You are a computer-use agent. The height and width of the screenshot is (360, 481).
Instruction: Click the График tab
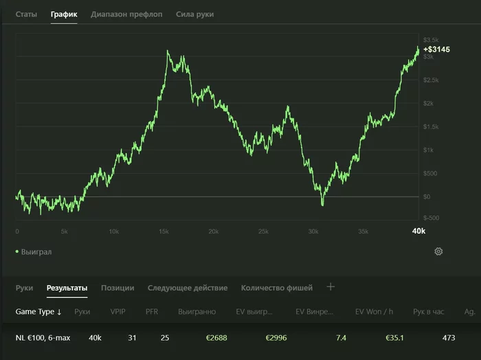tap(64, 14)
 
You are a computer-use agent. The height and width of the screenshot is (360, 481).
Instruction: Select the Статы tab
tap(26, 14)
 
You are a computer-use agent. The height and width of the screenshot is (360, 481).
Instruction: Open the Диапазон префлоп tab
tap(126, 14)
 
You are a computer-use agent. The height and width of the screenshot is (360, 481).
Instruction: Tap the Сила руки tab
tap(194, 14)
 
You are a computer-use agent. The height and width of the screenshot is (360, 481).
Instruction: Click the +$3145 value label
tap(436, 49)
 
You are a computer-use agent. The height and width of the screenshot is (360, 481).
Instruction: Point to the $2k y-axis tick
tap(428, 103)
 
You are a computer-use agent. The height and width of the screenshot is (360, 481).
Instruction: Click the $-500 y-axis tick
tap(431, 218)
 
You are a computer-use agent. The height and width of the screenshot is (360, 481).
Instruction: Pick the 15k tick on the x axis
tap(164, 232)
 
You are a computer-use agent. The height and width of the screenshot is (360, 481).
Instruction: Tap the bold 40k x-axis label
tap(418, 231)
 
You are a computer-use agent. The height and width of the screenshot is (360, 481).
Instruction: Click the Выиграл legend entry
tap(34, 251)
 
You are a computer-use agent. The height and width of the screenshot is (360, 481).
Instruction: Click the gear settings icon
tap(438, 251)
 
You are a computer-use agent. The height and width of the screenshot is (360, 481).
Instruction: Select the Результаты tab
tap(67, 288)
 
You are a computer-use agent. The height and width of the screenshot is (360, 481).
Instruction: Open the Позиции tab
tap(118, 288)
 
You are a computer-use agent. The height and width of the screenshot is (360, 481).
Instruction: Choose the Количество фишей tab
tap(277, 288)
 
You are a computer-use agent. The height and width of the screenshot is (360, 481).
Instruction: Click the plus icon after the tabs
tap(331, 286)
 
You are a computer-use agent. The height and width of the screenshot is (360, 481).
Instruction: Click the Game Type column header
tap(38, 311)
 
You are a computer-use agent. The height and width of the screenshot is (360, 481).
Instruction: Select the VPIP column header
tap(118, 311)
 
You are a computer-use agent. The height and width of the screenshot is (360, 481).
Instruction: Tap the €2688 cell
tap(216, 337)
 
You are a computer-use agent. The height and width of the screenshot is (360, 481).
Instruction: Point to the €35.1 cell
tap(394, 337)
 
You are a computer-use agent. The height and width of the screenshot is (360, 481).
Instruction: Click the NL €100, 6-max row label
tap(43, 337)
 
